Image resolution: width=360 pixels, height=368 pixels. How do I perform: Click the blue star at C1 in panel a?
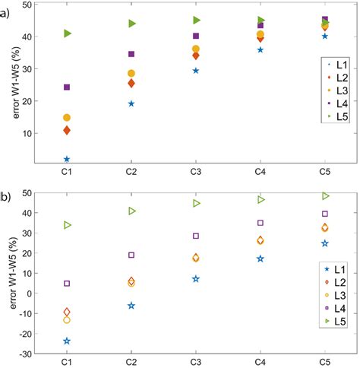67,160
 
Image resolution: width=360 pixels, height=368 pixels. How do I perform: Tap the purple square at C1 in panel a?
67,87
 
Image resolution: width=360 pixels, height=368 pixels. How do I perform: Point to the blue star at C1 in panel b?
67,341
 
